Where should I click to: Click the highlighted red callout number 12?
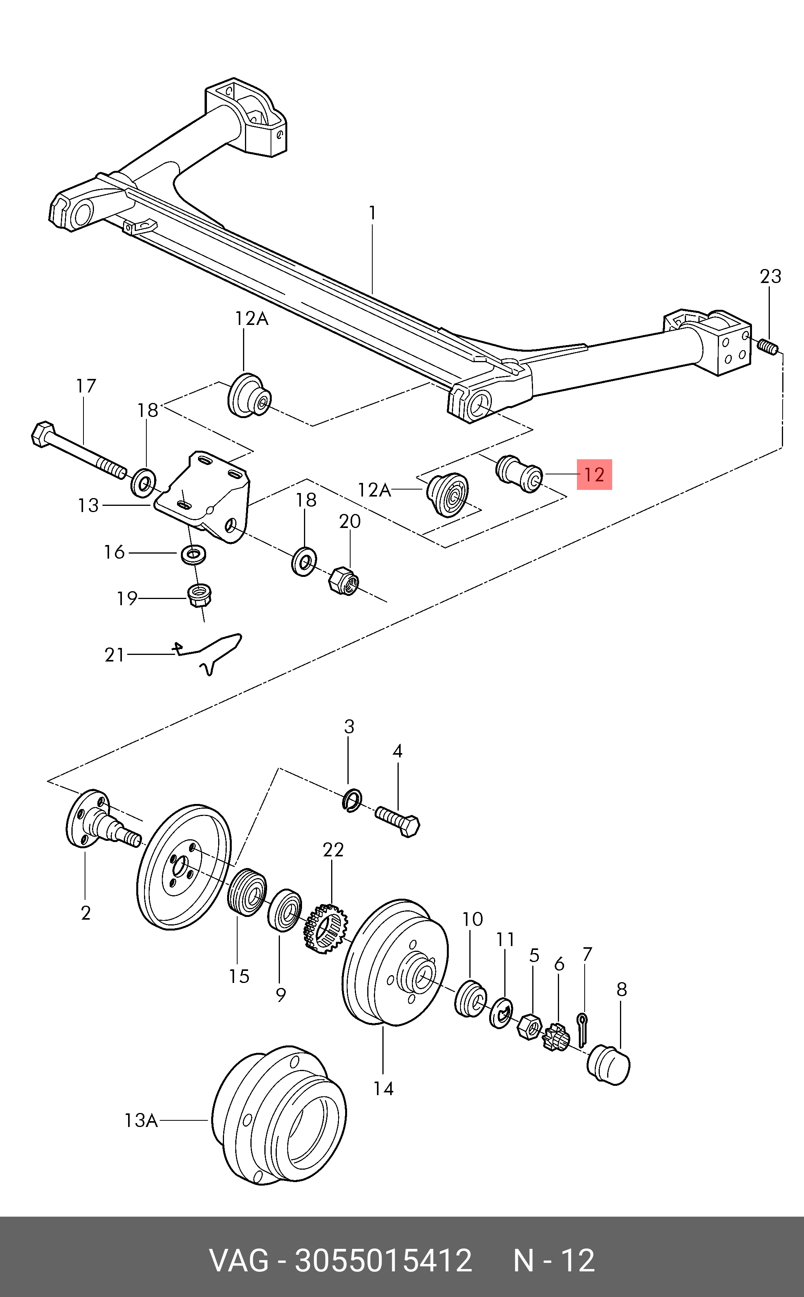click(594, 474)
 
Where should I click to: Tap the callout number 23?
click(771, 276)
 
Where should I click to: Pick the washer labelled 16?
click(194, 554)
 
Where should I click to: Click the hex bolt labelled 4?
click(398, 822)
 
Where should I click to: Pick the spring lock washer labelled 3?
click(352, 801)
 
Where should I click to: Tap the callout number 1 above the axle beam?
click(372, 213)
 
